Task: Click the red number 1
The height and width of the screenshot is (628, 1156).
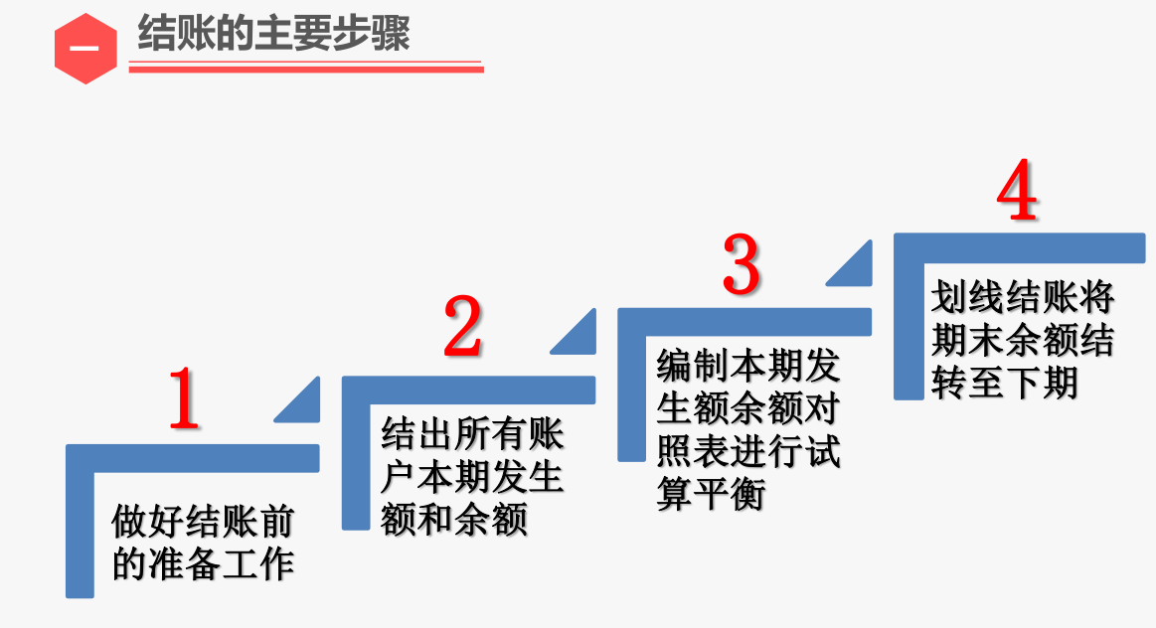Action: click(184, 399)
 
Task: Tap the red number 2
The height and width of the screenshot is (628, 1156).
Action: click(462, 327)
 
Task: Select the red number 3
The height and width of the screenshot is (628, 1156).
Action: click(741, 263)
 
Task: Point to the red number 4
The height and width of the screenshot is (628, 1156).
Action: click(1017, 193)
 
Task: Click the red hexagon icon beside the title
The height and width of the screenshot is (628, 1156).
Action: click(85, 49)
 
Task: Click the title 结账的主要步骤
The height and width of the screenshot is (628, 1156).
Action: click(273, 34)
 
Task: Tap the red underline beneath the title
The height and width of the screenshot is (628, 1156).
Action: click(306, 69)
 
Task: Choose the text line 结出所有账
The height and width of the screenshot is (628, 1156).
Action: click(472, 435)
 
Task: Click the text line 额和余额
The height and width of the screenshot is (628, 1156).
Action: click(453, 519)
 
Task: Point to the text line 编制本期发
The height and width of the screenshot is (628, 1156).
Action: click(748, 367)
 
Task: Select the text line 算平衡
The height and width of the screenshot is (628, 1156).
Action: click(711, 494)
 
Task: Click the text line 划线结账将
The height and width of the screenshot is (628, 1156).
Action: click(1023, 298)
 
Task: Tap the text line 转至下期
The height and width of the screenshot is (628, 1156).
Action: click(1004, 383)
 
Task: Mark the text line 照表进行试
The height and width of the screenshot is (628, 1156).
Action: click(748, 451)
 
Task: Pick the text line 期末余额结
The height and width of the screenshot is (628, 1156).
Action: click(1023, 341)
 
